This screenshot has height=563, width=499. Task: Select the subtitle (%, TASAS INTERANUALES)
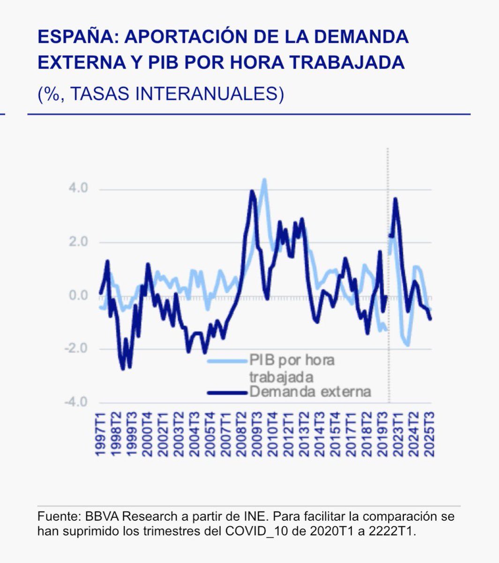161,93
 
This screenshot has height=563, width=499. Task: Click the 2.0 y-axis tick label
78,242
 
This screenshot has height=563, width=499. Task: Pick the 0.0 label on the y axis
78,296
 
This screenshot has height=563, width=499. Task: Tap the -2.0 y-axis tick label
76,349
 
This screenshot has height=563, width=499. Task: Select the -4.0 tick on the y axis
76,402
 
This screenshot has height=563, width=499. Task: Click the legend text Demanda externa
310,391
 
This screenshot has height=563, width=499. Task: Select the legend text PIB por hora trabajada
292,368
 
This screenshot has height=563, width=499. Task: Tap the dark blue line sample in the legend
228,391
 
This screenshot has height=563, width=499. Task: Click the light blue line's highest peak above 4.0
265,180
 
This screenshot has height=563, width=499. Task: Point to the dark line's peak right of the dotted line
395,199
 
